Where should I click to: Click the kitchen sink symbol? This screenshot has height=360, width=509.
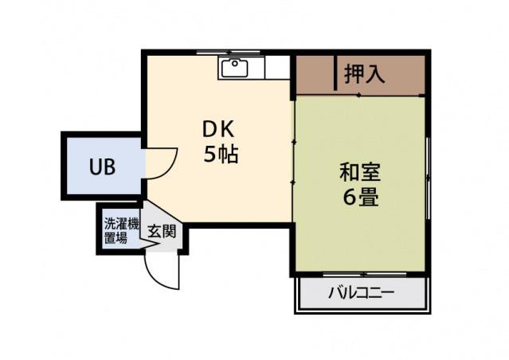(x=234, y=68)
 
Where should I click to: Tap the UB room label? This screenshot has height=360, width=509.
(x=102, y=167)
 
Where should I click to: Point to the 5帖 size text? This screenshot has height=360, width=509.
(x=221, y=155)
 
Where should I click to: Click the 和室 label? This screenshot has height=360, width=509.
(x=360, y=170)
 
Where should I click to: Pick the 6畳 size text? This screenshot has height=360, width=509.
(x=360, y=197)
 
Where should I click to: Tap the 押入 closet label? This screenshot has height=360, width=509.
(x=365, y=74)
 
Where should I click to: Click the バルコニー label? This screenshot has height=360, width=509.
(x=361, y=292)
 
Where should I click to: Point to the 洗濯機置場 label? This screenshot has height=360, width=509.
(x=122, y=230)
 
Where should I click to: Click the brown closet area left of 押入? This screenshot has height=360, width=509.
(x=315, y=74)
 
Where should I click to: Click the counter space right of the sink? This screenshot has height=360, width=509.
(x=276, y=68)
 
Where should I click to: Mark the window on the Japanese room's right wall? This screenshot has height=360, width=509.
(x=428, y=171)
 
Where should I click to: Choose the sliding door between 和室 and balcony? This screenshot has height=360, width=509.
(x=362, y=275)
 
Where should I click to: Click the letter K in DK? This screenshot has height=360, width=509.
(x=228, y=127)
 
